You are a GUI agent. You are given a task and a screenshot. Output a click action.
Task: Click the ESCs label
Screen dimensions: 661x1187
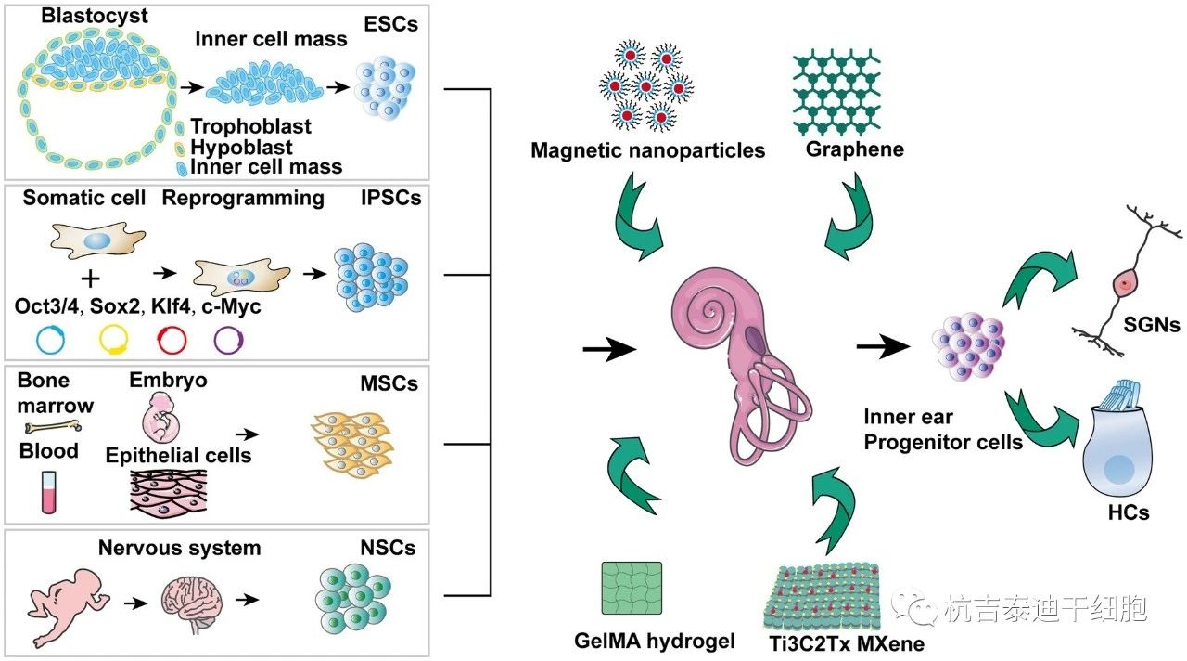[390, 24]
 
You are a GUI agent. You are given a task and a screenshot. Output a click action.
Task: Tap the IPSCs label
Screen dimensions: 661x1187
[389, 198]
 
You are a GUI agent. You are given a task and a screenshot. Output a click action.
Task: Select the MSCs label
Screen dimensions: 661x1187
[387, 383]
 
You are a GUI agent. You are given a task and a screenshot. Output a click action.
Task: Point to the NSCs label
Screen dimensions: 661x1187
[388, 548]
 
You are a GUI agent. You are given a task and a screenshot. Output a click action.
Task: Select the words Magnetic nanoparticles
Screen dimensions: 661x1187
[647, 150]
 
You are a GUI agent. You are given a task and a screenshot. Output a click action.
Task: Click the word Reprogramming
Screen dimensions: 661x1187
[243, 198]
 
